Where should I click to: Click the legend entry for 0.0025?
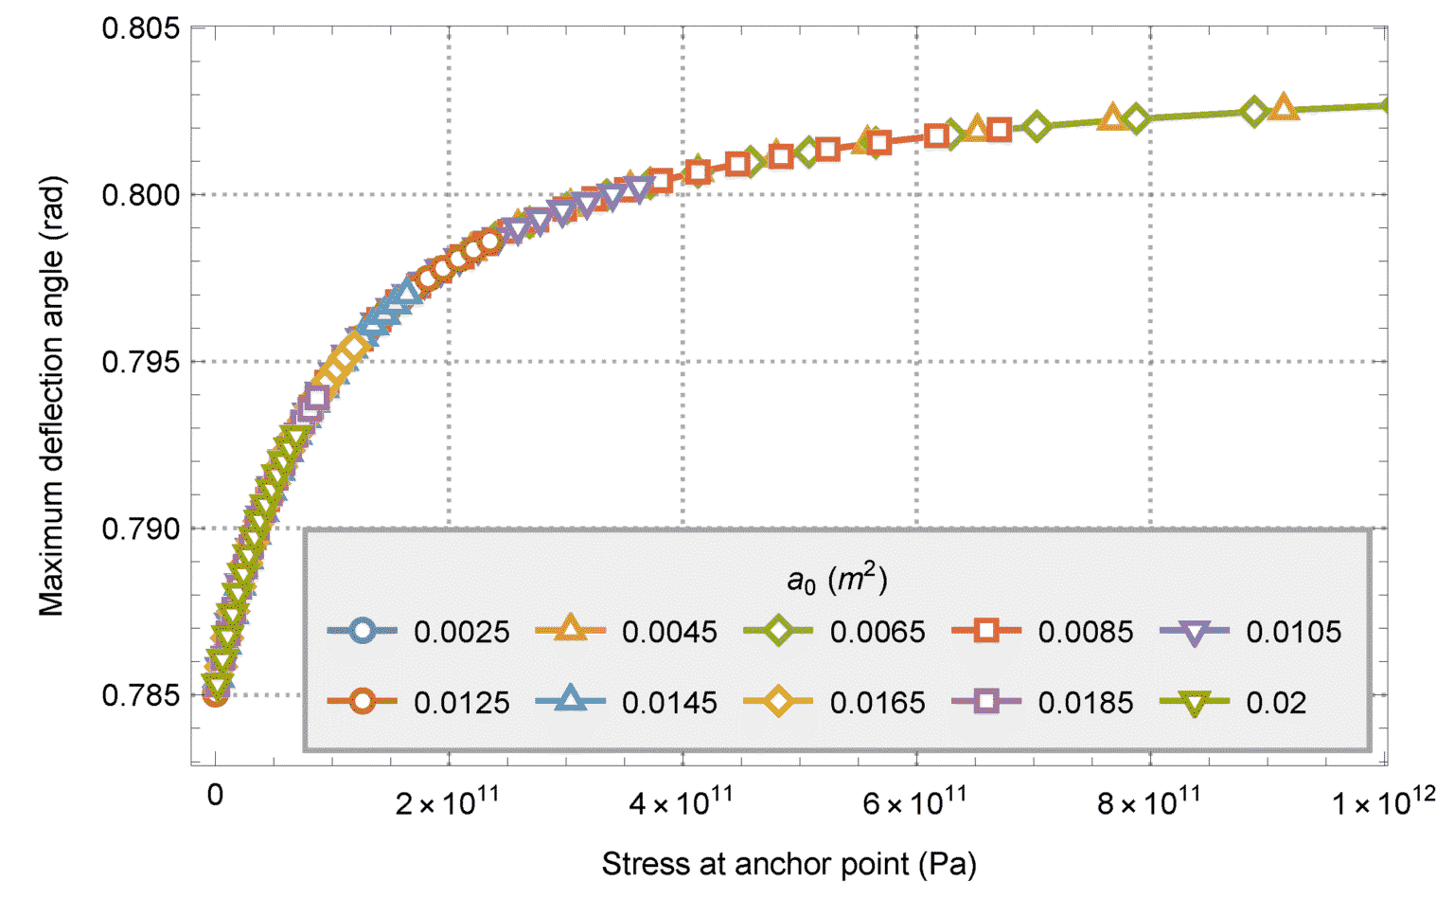(461, 632)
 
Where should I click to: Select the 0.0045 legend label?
(669, 632)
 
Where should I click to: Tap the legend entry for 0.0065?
(878, 632)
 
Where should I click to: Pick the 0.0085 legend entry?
(1085, 632)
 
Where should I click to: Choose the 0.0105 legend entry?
(1293, 632)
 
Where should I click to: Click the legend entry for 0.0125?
(461, 703)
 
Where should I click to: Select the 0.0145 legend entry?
(669, 703)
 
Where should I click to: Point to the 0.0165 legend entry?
(878, 703)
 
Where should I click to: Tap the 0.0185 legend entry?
(1085, 703)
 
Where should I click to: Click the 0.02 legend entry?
(1276, 703)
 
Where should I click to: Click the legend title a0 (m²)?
(837, 580)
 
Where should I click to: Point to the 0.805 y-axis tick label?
(140, 28)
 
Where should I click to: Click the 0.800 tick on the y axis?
(140, 195)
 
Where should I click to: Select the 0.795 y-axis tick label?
(140, 362)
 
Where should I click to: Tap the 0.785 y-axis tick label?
(140, 695)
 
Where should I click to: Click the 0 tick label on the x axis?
(216, 796)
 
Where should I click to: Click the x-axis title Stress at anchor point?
(789, 864)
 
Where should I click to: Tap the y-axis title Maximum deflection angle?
(52, 396)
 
